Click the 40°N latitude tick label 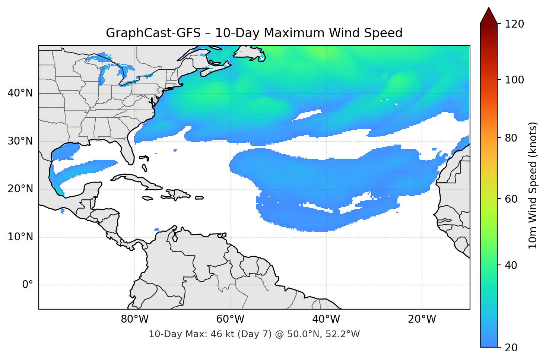coord(20,93)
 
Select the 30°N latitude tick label coord(20,141)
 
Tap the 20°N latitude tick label coord(20,189)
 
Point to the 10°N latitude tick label coord(20,237)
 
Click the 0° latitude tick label coord(27,285)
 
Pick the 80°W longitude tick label coord(134,319)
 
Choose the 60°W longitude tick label coord(230,319)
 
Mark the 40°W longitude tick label coord(326,319)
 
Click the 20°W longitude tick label coord(422,319)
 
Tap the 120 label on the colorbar coord(514,24)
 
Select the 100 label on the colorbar coord(514,80)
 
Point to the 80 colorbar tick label coord(511,138)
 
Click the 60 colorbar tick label coord(511,199)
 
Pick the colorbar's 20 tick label coord(511,348)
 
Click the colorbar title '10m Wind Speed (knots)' coord(533,185)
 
